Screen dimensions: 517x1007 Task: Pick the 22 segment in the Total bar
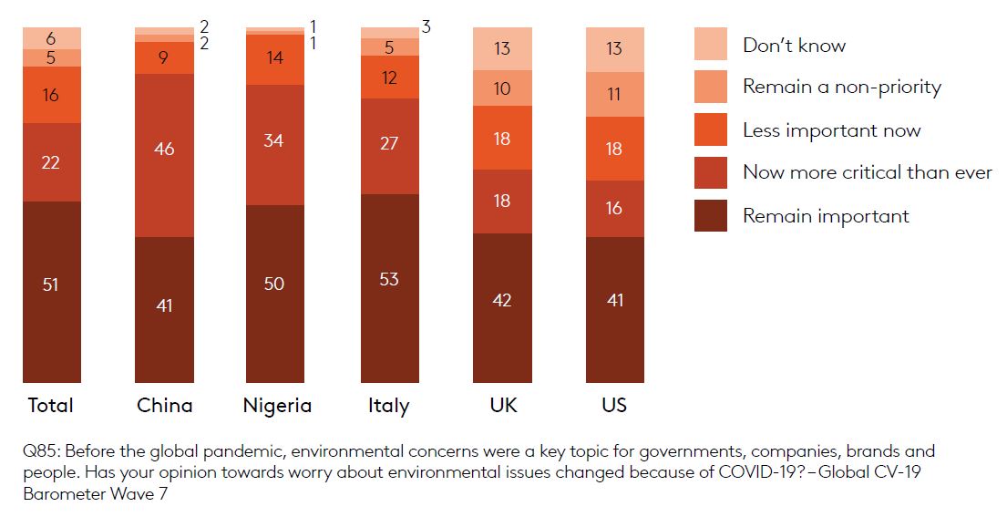[51, 161]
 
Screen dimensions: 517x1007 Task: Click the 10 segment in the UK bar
[502, 88]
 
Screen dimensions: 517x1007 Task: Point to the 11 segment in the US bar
[614, 94]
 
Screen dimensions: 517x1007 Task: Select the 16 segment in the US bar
[614, 208]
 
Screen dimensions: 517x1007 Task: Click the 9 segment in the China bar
[164, 57]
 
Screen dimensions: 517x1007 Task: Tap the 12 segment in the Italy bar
[389, 78]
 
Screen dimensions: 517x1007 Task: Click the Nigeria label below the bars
[277, 406]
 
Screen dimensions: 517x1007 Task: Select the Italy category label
[389, 406]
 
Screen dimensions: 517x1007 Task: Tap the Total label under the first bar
[51, 406]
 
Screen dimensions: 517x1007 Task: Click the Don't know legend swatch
[711, 45]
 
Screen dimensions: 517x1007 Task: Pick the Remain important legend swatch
[711, 216]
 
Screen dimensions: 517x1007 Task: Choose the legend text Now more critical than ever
[867, 172]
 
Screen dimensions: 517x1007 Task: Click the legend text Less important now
[831, 130]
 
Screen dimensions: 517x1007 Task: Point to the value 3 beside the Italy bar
[426, 27]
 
